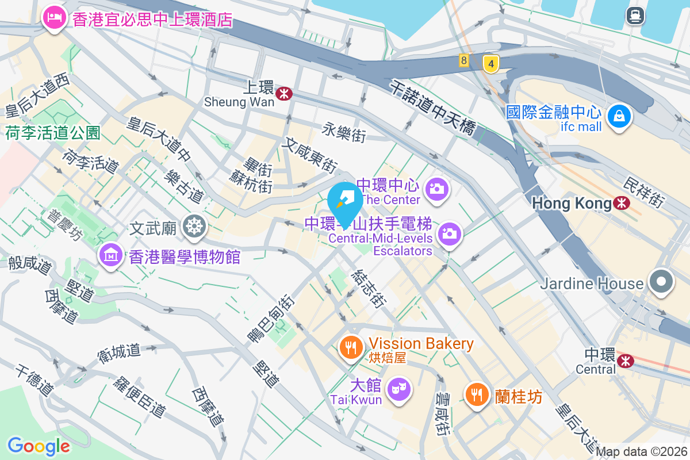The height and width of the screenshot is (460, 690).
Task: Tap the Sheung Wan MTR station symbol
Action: pos(283,93)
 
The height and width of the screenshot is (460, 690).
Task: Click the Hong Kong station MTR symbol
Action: pos(621,203)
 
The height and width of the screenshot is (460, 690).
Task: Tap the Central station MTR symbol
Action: pos(624,360)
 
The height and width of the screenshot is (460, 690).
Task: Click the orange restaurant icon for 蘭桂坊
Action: pos(477,395)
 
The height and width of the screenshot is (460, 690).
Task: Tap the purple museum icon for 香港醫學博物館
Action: pos(110,255)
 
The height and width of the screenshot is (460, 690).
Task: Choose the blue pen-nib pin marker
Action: pos(345,200)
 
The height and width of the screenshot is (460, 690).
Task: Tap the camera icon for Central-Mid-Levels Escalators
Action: pos(450,233)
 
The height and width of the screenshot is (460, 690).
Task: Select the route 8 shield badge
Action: pos(463,60)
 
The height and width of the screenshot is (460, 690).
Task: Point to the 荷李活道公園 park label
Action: pos(53,133)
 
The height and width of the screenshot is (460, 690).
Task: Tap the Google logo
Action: pos(39,446)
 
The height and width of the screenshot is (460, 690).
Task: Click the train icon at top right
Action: pos(635,16)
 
